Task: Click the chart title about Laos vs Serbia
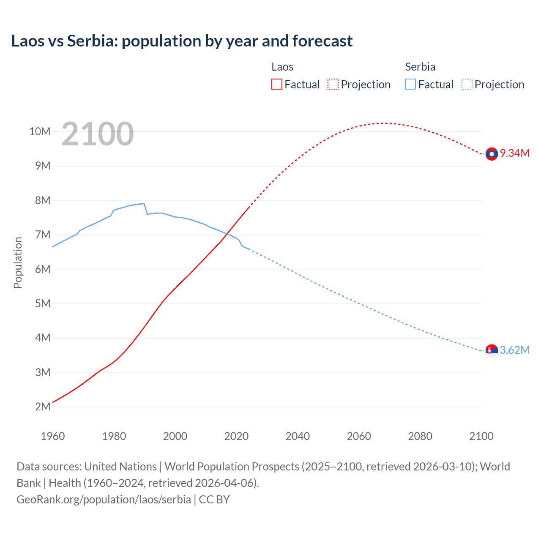tap(182, 41)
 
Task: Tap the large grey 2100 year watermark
tap(98, 134)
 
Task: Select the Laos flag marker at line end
tap(492, 154)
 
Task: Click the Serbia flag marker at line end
tap(492, 350)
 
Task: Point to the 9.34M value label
tap(515, 153)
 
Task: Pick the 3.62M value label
tap(515, 350)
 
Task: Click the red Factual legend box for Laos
tap(276, 85)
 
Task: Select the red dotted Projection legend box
tap(333, 85)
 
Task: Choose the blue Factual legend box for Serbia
tap(410, 85)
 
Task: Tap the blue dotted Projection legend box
tap(467, 85)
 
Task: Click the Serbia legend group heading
tap(420, 67)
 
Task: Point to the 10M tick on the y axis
tap(40, 131)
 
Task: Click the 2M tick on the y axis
tap(43, 407)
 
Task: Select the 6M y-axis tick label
tap(43, 269)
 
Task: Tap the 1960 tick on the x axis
tap(53, 436)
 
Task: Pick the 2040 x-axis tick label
tap(298, 436)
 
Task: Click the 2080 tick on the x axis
tap(420, 436)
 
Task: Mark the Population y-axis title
tap(18, 262)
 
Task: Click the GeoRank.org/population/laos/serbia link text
tap(104, 500)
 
